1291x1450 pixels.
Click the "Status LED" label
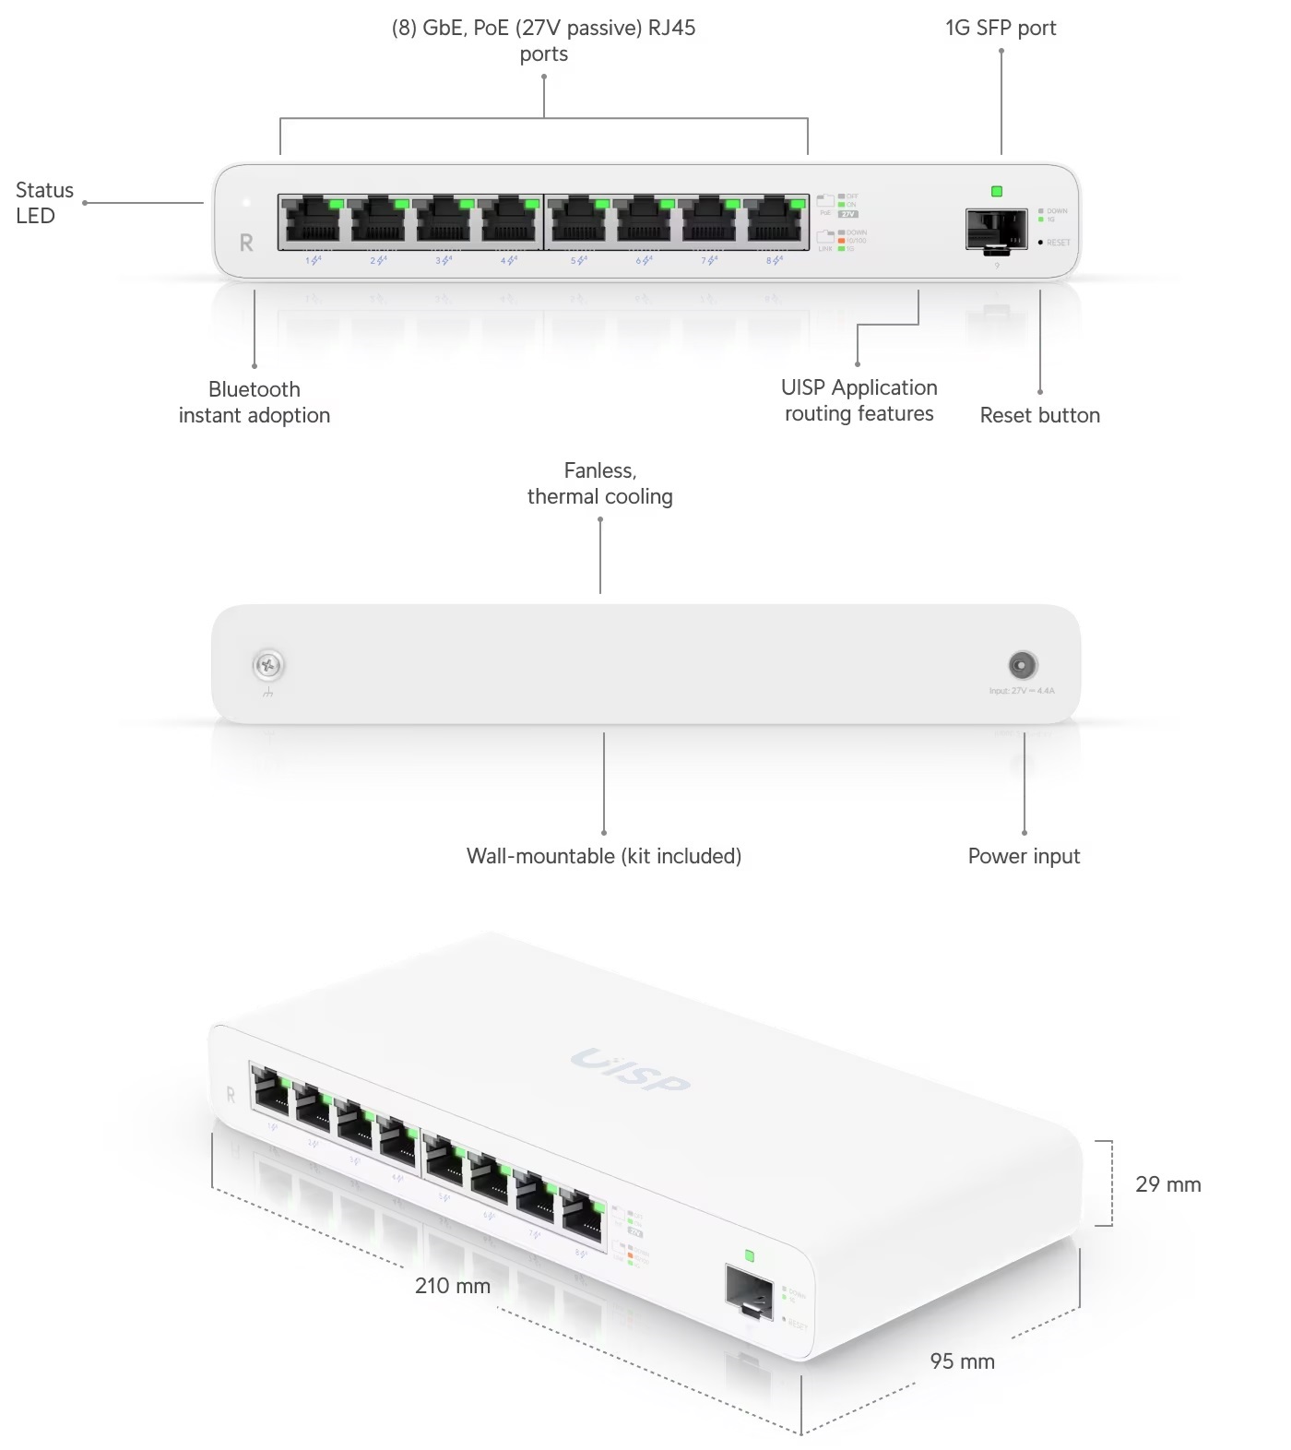coord(44,203)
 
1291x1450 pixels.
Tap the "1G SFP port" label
coord(1001,28)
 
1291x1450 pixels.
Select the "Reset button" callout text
coord(1039,415)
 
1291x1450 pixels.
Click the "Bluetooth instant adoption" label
coord(255,402)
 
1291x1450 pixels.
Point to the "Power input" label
coord(1024,856)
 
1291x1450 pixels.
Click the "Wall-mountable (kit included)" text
coord(604,856)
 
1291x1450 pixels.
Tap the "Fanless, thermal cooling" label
coord(600,483)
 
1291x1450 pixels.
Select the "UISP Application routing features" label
coord(859,400)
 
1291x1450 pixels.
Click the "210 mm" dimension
coord(453,1285)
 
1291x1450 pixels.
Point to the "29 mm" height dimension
coord(1167,1184)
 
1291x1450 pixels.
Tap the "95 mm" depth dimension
coord(962,1361)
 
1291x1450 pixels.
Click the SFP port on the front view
coord(996,230)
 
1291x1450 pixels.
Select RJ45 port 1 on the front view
coord(313,222)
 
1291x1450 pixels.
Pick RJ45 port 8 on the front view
coord(775,222)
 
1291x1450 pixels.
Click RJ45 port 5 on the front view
coord(578,222)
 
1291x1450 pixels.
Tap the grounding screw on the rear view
coord(268,664)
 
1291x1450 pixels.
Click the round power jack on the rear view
coord(1022,665)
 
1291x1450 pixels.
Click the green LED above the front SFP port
coord(996,192)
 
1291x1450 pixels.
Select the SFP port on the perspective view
coord(749,1290)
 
